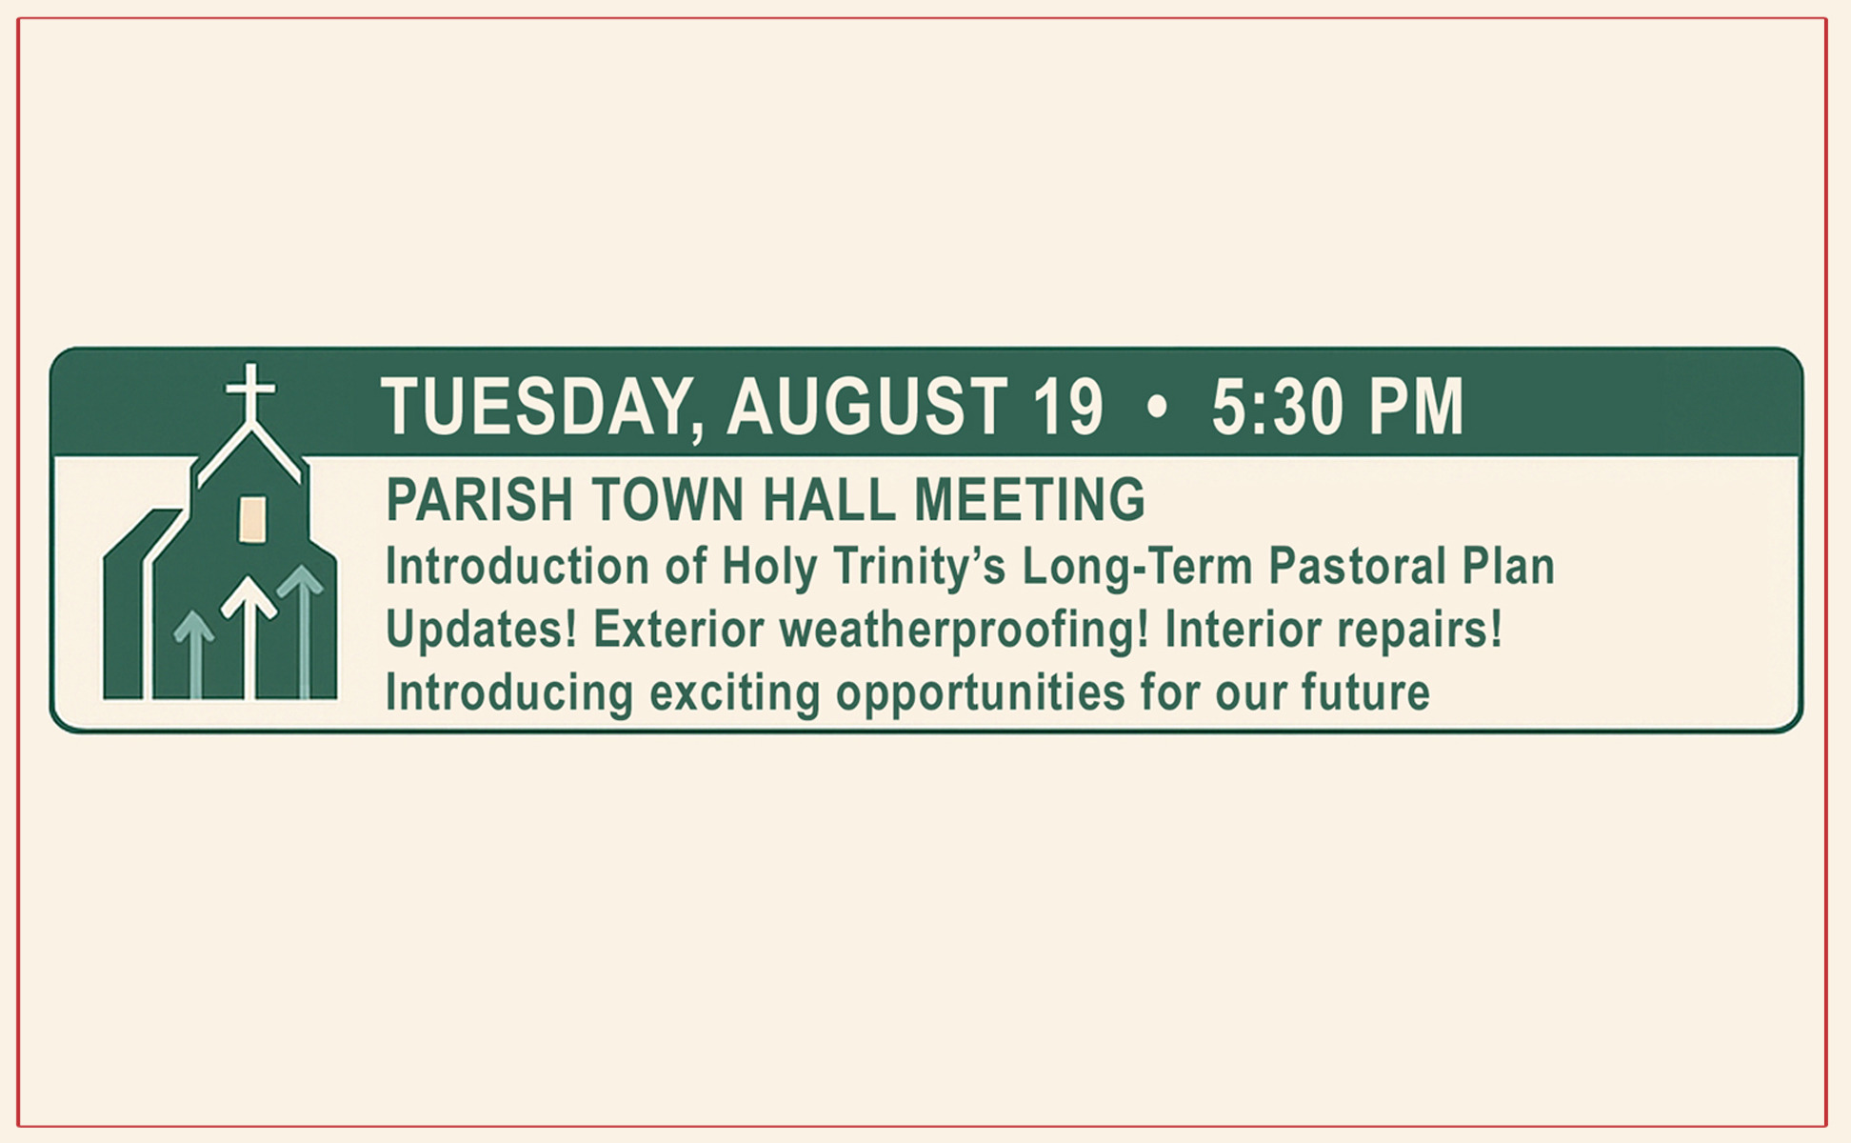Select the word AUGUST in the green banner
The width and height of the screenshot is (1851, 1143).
tap(866, 407)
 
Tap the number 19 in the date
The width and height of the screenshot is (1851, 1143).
tap(1067, 407)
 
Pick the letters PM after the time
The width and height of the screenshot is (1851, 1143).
tap(1415, 407)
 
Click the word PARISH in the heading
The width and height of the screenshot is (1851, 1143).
tap(479, 500)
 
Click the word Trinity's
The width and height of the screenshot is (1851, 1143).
tap(919, 568)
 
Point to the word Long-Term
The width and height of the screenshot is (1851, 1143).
tap(1137, 567)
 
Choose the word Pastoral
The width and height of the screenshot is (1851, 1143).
tap(1357, 566)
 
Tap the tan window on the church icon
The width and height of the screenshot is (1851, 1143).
tap(252, 519)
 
